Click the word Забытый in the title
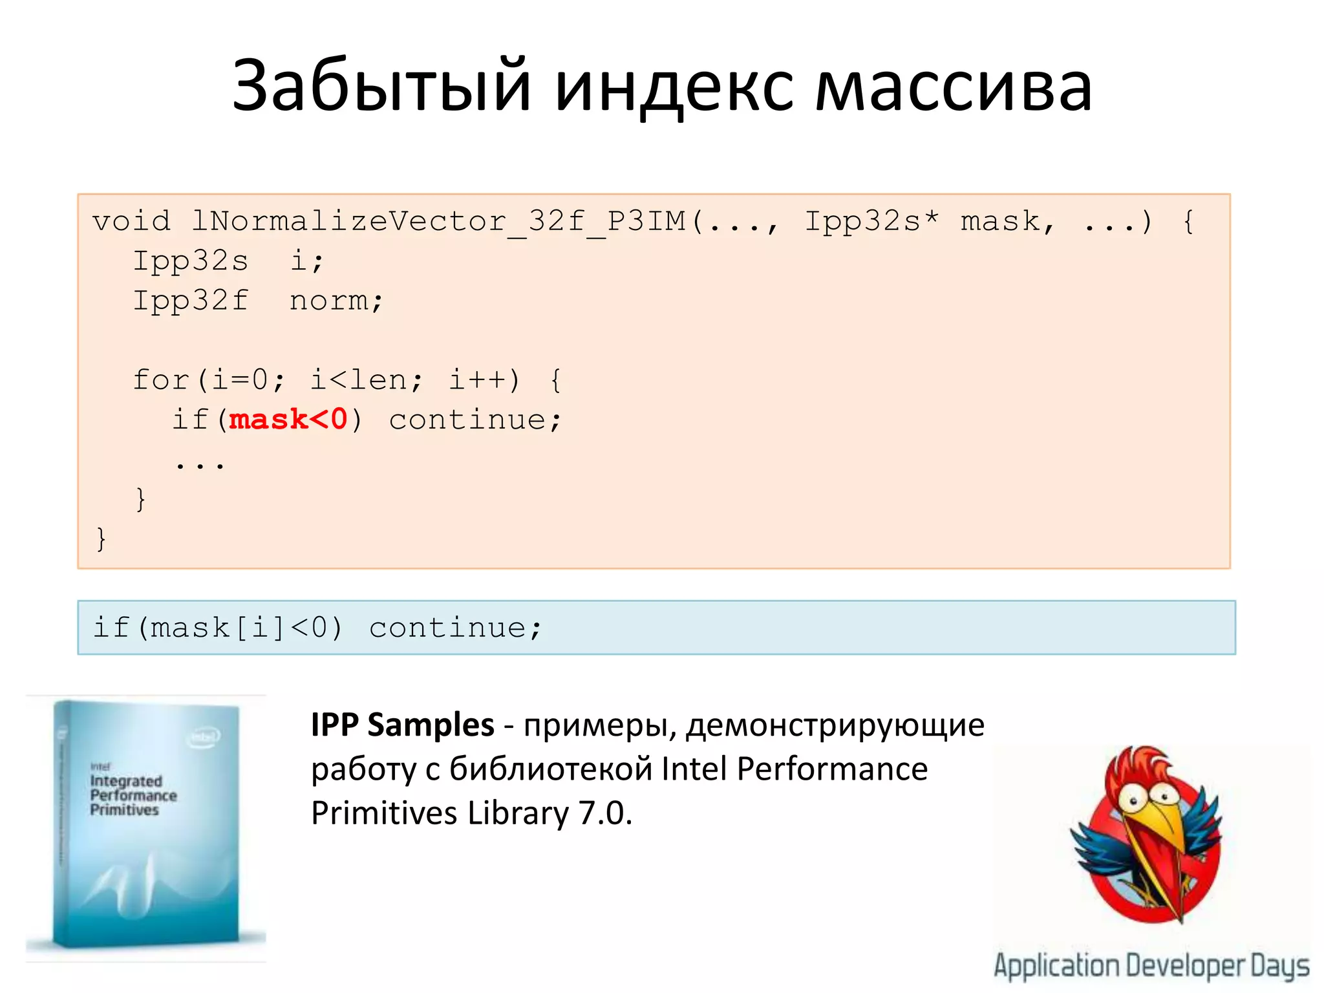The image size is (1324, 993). (x=381, y=86)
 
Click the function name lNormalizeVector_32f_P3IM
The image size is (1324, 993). (x=440, y=222)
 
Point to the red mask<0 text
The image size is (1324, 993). (x=288, y=420)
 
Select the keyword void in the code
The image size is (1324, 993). (x=131, y=222)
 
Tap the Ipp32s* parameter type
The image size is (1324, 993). (x=871, y=222)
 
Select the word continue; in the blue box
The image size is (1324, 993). (x=455, y=628)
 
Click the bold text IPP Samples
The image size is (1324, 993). (x=402, y=725)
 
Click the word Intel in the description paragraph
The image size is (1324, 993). (x=694, y=769)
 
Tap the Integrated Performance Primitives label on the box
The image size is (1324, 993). (x=133, y=795)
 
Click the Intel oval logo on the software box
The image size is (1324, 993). (x=205, y=737)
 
